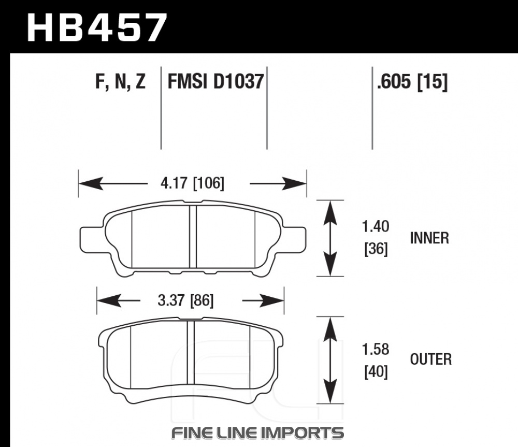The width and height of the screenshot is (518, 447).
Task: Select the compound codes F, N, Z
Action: click(121, 82)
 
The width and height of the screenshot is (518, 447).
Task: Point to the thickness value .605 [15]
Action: click(412, 82)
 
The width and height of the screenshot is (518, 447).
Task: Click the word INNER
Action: click(429, 238)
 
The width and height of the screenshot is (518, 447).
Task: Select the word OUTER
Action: click(430, 359)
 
